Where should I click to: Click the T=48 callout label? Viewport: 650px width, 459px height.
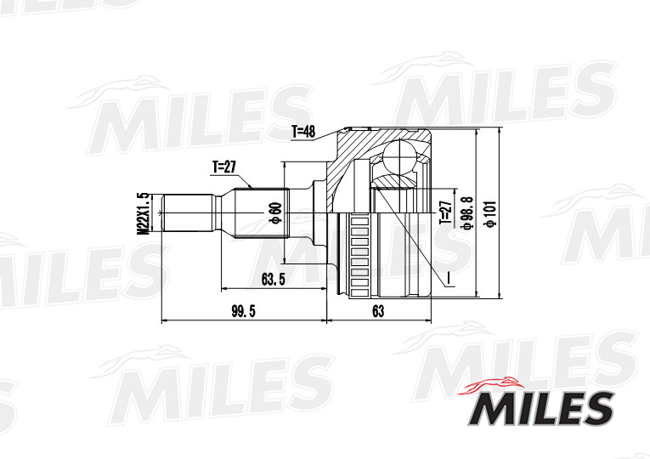[303, 132]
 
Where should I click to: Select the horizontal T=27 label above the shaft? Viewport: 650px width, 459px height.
[224, 167]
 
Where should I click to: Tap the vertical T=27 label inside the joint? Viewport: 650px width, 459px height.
[444, 212]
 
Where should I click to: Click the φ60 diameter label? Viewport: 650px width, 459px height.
[274, 212]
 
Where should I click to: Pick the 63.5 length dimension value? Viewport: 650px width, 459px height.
[272, 278]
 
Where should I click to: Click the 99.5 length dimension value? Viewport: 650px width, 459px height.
[243, 311]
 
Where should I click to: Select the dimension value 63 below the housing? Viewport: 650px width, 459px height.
[378, 311]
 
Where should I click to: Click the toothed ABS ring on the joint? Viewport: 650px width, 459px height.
[357, 255]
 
